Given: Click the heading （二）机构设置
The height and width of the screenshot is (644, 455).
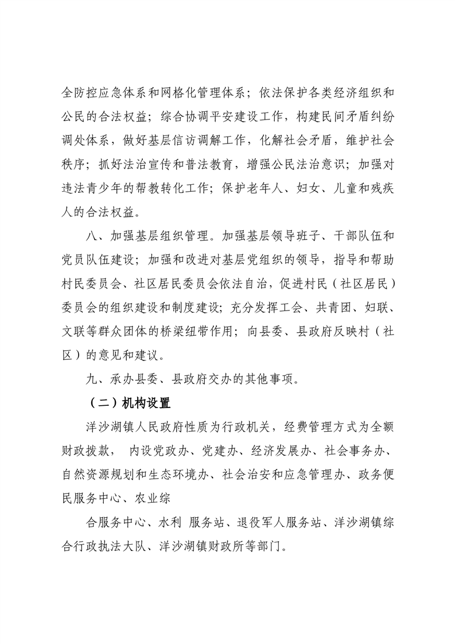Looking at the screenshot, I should pyautogui.click(x=128, y=403).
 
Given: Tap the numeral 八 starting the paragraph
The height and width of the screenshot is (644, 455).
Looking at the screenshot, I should pyautogui.click(x=91, y=236).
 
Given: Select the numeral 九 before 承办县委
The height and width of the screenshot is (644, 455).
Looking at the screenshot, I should pyautogui.click(x=91, y=378).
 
